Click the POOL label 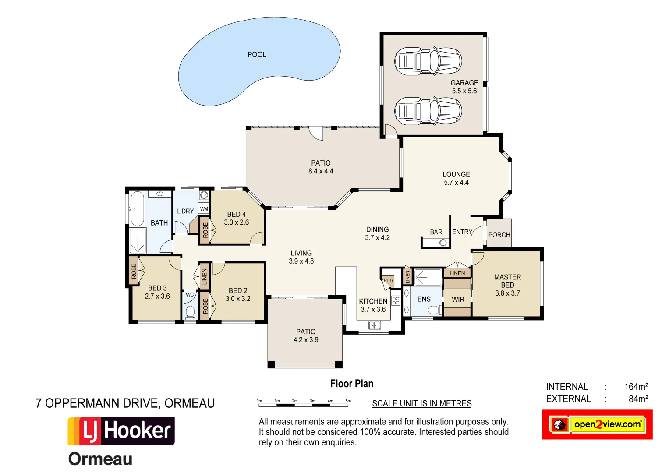(257, 55)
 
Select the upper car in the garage (428, 61)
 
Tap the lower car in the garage (428, 111)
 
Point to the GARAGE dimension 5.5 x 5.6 (464, 91)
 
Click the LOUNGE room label (456, 174)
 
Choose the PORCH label (499, 235)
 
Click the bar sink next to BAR (443, 243)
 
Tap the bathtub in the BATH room (137, 208)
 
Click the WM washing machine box (204, 209)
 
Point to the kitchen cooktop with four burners (396, 300)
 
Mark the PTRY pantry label (388, 280)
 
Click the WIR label (458, 300)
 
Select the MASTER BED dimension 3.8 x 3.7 (507, 293)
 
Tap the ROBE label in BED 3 (134, 271)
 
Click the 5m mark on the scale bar (348, 401)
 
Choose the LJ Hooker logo (121, 431)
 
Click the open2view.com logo (598, 424)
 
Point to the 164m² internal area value (636, 387)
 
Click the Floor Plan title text (352, 384)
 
